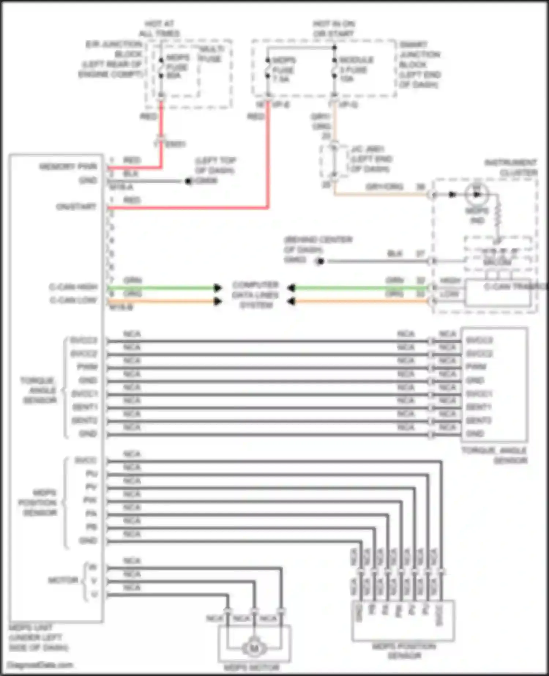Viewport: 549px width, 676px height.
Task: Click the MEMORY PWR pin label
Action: click(x=68, y=167)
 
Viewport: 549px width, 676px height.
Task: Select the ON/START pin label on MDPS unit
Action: click(x=76, y=207)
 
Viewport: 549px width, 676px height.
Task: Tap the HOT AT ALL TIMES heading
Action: click(x=159, y=29)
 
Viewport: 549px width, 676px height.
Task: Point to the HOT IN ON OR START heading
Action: click(x=333, y=29)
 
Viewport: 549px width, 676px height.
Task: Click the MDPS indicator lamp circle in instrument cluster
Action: click(x=477, y=194)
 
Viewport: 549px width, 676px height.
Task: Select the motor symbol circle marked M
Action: click(x=254, y=649)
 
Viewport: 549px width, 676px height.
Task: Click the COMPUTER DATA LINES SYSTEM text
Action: click(x=255, y=295)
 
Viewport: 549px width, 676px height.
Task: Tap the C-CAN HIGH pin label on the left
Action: click(x=73, y=287)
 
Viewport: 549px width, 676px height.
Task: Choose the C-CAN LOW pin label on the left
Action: click(x=73, y=300)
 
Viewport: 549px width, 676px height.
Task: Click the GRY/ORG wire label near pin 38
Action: click(x=384, y=187)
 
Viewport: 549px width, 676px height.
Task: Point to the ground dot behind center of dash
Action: click(x=320, y=261)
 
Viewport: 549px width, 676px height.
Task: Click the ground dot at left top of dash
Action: click(x=188, y=181)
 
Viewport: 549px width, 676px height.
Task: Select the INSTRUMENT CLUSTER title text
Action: click(x=511, y=167)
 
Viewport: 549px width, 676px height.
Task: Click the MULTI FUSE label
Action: click(x=210, y=54)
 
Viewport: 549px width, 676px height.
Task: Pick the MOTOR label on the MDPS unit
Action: click(x=63, y=580)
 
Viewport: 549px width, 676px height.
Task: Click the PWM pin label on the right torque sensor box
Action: click(x=476, y=367)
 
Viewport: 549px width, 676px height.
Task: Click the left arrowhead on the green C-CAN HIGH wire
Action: click(x=218, y=288)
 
